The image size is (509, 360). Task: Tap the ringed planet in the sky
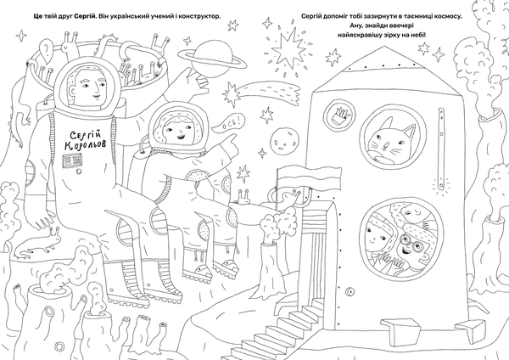(x=214, y=59)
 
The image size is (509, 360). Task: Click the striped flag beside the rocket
(x=310, y=178)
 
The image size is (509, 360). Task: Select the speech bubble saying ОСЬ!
(x=228, y=124)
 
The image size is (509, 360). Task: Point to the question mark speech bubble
(x=46, y=49)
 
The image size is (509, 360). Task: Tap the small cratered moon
(x=284, y=140)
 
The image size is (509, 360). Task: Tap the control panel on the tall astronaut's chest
(x=72, y=160)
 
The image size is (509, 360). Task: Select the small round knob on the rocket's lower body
(x=350, y=291)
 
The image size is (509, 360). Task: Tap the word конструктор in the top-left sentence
(x=199, y=16)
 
